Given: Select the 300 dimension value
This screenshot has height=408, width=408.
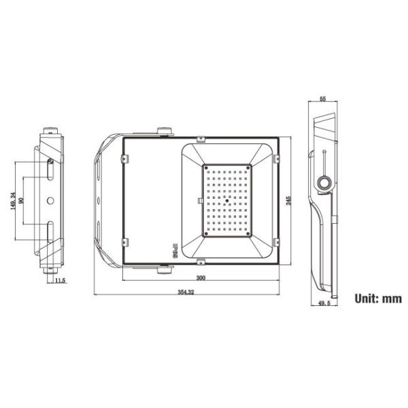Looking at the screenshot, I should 201,278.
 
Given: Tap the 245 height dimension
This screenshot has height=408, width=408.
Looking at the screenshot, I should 288,200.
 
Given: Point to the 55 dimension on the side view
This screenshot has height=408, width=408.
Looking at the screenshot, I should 323,99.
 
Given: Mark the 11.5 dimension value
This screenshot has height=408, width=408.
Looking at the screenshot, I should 60,280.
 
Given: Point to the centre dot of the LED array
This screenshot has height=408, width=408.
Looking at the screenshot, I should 226,201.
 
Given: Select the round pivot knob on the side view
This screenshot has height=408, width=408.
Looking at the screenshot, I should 324,182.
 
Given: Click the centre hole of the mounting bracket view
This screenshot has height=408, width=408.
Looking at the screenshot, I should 50,201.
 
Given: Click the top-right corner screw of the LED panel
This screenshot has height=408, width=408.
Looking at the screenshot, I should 249,166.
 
